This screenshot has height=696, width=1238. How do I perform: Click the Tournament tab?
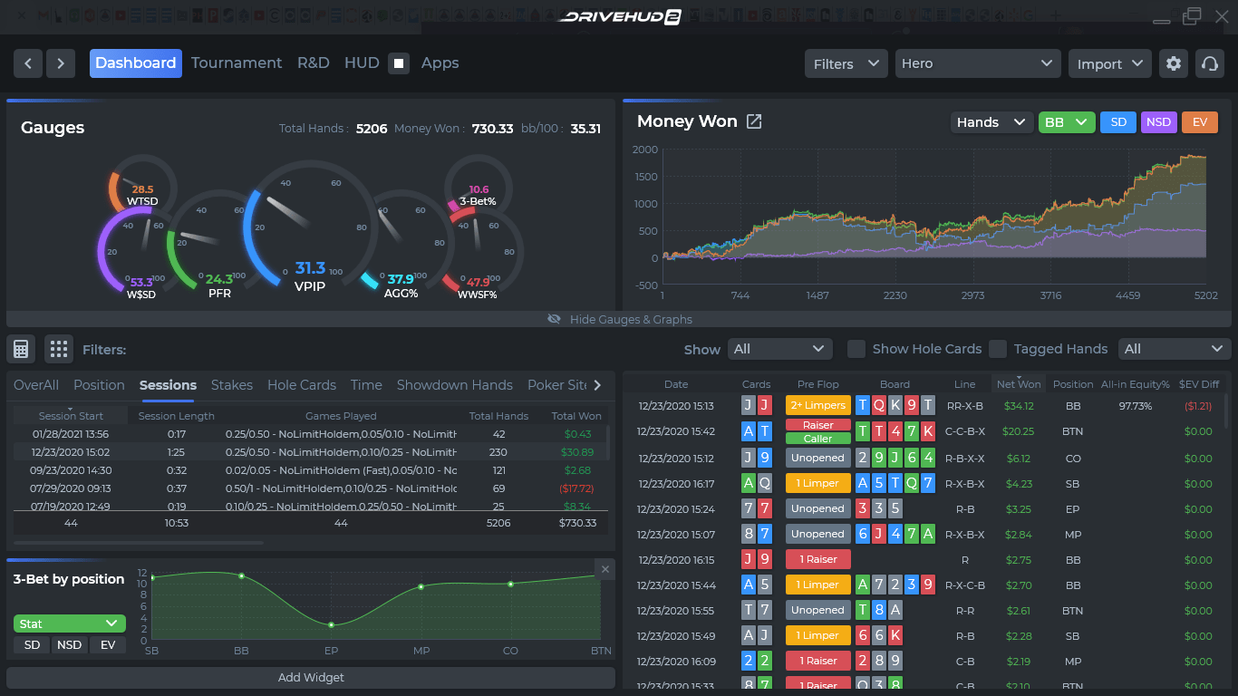click(237, 63)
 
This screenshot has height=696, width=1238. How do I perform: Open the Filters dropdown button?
click(846, 63)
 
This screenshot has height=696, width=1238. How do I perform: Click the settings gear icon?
click(1174, 63)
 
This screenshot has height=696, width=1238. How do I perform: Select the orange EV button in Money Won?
click(1199, 122)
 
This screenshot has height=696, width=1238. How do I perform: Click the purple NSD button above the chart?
click(1158, 122)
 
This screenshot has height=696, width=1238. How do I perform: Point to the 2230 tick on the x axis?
click(895, 295)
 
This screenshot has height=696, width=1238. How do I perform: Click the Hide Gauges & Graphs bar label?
click(631, 319)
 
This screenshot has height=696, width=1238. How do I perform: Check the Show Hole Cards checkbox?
click(856, 349)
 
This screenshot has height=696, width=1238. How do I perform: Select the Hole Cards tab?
click(302, 385)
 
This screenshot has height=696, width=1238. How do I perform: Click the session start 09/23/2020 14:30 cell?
click(71, 470)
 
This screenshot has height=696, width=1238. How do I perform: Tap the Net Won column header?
click(1019, 384)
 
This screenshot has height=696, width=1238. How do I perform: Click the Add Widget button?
click(311, 678)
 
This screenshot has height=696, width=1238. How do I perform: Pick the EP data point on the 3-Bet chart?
click(331, 625)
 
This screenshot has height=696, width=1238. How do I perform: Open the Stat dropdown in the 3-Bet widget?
click(69, 623)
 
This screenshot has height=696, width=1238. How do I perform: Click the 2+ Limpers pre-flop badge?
click(817, 406)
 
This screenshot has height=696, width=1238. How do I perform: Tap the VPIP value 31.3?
click(310, 268)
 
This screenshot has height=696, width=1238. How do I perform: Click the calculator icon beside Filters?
click(21, 349)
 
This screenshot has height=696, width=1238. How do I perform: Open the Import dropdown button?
click(1109, 63)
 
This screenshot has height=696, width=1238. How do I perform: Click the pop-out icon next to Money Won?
click(753, 121)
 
